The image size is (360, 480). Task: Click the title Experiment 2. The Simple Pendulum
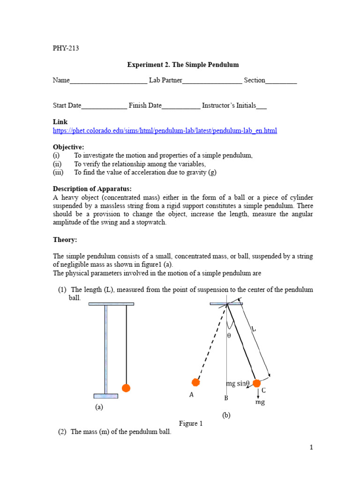pos(183,64)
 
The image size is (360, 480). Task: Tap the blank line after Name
pos(108,81)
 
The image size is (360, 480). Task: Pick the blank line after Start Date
pos(104,106)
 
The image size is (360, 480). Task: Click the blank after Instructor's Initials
pos(262,106)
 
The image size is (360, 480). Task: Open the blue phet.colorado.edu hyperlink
pos(165,131)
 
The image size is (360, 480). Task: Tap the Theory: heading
pos(65,240)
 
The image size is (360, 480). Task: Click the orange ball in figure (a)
pos(126,388)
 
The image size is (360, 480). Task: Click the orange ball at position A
pos(196,382)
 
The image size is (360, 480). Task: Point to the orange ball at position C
pos(256,383)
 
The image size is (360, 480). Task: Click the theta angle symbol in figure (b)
pos(229,336)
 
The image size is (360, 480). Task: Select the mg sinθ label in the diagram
pos(238,383)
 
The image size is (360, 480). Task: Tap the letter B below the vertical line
pos(226,398)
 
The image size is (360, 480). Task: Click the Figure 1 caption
pos(191,423)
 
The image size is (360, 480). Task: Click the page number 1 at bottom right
pos(311,448)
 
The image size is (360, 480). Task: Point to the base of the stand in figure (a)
pos(106,396)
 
